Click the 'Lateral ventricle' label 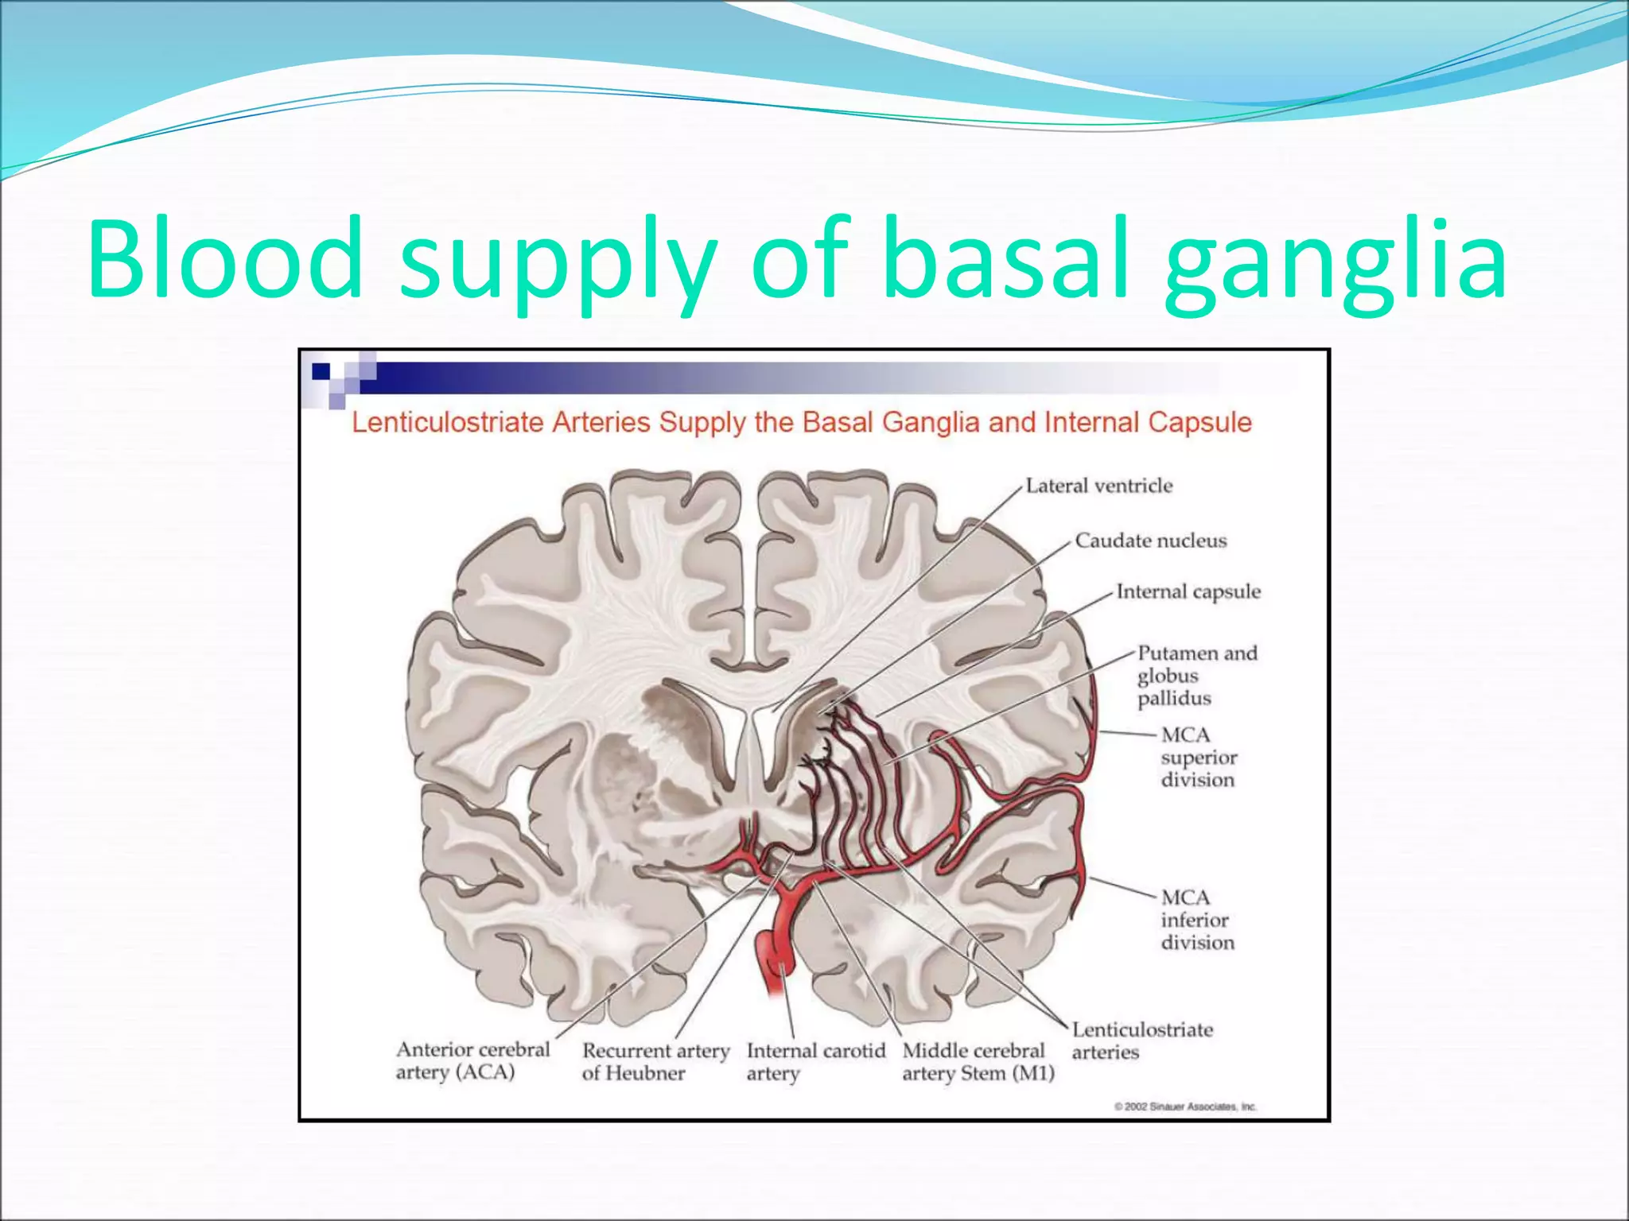tap(1098, 486)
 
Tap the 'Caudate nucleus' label tap(1150, 541)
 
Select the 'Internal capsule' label tap(1188, 591)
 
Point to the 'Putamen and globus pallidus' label tap(1196, 676)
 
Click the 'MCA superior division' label tap(1198, 757)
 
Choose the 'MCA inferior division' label tap(1197, 920)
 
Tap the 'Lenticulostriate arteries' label tap(1141, 1041)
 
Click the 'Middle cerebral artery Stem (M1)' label tap(978, 1062)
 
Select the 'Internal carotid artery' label tap(814, 1062)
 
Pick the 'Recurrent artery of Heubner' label tap(655, 1062)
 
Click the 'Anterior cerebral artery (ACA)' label tap(472, 1060)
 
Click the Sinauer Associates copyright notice tap(1184, 1107)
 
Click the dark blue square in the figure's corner tap(321, 371)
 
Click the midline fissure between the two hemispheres tap(748, 556)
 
